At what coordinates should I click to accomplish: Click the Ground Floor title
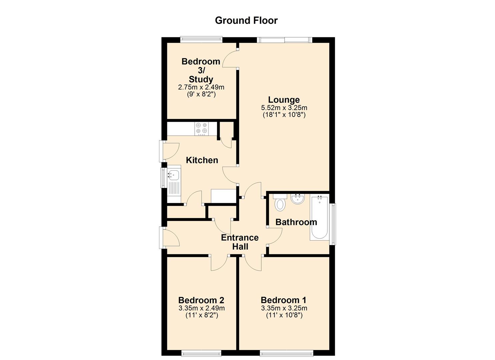coord(246,21)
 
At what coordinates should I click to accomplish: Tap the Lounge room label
coord(284,100)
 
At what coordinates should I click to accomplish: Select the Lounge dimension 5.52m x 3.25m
coord(284,108)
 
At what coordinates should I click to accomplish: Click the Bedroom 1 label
coord(284,300)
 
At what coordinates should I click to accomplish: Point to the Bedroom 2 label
coord(201,300)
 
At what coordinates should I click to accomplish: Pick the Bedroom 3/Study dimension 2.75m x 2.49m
coord(201,87)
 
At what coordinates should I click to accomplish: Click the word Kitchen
coord(202,160)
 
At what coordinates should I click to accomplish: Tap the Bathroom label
coord(296,222)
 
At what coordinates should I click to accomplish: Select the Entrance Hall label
coord(240,242)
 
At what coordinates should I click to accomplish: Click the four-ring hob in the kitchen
coord(202,129)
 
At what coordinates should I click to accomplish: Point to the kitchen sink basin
coord(174,175)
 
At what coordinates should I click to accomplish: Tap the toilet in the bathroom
coord(280,203)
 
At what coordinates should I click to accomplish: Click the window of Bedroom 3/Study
coord(201,39)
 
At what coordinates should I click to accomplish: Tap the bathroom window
coord(333,224)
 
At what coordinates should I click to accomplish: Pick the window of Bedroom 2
coord(201,353)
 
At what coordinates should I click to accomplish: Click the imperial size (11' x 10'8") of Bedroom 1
coord(284,315)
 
